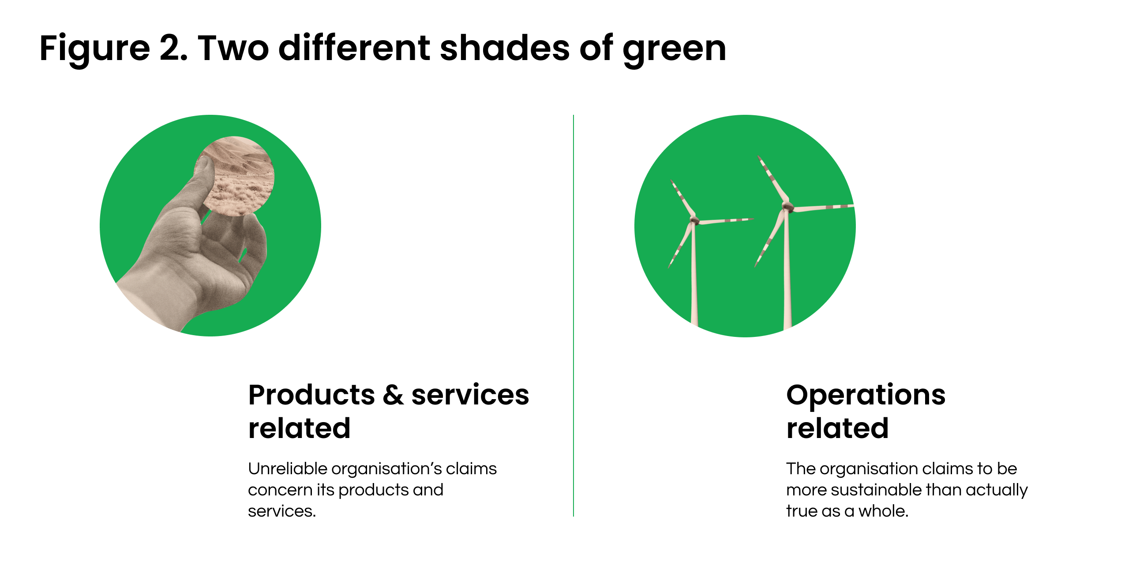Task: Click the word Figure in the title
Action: pos(95,49)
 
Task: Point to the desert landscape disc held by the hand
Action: pos(235,176)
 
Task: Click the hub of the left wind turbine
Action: pos(694,220)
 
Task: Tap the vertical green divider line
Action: pos(573,316)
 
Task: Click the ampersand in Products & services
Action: pos(393,395)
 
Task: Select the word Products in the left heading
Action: pos(312,395)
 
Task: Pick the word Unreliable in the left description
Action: pos(288,468)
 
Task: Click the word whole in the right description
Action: pos(883,511)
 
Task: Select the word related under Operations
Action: pos(837,428)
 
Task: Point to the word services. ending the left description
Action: pos(282,511)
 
